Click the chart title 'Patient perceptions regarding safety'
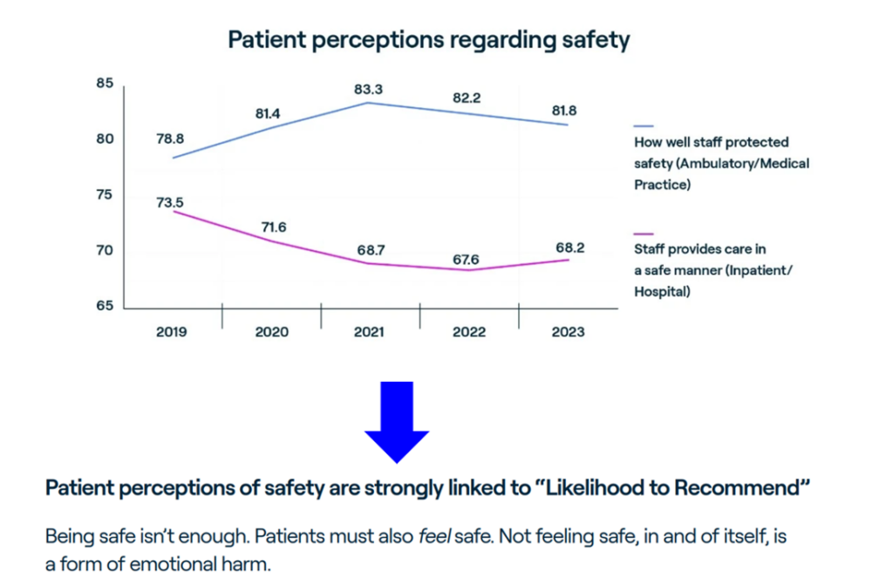tap(428, 40)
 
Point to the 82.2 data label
tap(466, 99)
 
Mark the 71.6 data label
tap(271, 228)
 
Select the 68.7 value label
tap(370, 250)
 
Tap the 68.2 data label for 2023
tap(569, 248)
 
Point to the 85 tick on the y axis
tap(105, 84)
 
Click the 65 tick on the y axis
tap(105, 306)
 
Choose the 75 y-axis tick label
tap(105, 195)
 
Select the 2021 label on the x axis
tap(371, 332)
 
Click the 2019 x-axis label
tap(173, 332)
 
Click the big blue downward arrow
tap(397, 422)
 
